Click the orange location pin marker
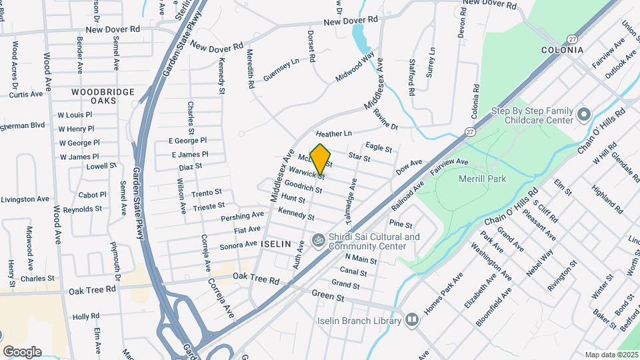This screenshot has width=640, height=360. coord(321,159)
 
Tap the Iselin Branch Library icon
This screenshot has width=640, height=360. coord(412,321)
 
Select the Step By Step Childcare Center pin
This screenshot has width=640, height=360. coord(584,115)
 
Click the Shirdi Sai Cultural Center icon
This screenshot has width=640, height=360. coord(319,238)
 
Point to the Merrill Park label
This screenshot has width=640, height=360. coord(483,179)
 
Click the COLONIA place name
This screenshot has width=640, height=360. coord(562,50)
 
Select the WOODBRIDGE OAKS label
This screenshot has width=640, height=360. coord(103,95)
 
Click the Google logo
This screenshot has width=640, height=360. coord(22,351)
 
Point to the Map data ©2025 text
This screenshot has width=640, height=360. coord(611,355)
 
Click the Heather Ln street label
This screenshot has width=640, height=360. coord(333,134)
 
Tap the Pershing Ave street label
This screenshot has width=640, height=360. coord(243,217)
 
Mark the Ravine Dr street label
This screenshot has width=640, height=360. coord(385,119)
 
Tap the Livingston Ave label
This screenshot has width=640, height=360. coord(25,199)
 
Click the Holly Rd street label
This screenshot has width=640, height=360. coord(86,316)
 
